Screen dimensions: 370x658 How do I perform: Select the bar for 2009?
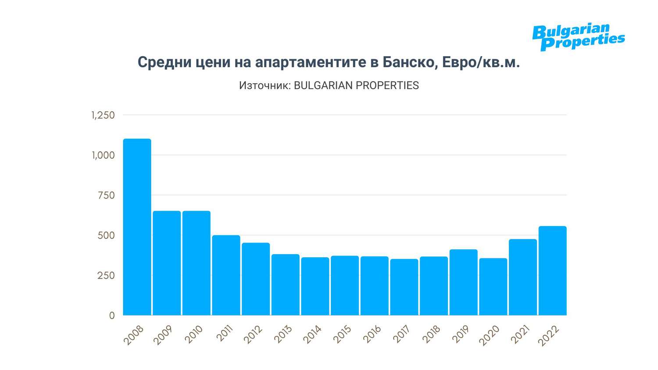click(167, 263)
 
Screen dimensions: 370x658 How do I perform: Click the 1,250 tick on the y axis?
click(103, 115)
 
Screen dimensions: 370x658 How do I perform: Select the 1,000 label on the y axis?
click(103, 155)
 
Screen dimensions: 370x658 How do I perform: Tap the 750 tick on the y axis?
click(106, 196)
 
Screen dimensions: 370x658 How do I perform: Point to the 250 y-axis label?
click(106, 276)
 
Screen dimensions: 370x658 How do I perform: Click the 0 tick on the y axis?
click(112, 316)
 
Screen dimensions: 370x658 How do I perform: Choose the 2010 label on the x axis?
click(193, 335)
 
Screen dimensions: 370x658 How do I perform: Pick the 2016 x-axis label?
click(372, 335)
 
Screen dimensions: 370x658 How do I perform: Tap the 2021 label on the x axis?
click(520, 335)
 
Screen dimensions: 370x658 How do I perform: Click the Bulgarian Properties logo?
click(578, 37)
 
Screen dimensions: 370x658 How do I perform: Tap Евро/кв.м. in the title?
click(481, 62)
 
